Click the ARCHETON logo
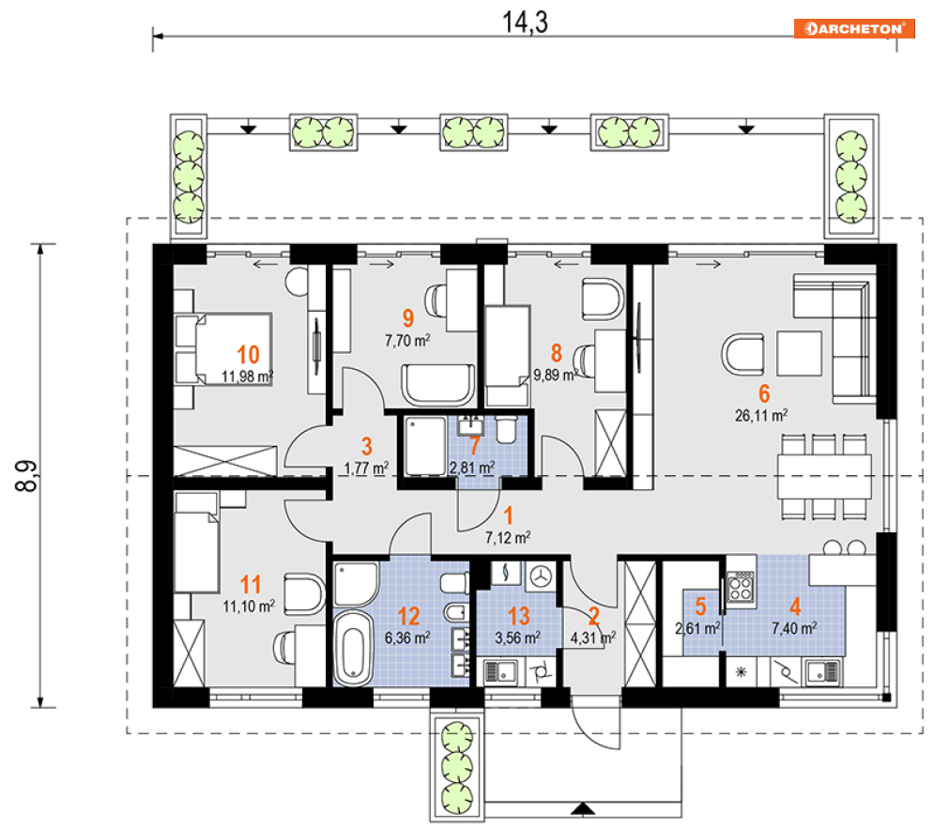click(853, 28)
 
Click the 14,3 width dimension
click(525, 22)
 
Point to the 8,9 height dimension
click(25, 475)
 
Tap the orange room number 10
click(248, 355)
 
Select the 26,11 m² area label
click(761, 415)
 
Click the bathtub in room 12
click(352, 648)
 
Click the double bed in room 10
click(224, 348)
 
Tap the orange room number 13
click(518, 616)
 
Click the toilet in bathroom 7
click(506, 429)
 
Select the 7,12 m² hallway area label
click(508, 537)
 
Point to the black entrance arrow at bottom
click(583, 808)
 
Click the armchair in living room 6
click(743, 355)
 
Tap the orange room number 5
click(700, 606)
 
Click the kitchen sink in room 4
click(822, 672)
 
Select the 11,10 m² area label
click(249, 606)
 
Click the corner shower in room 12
click(356, 583)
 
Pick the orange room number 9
click(408, 317)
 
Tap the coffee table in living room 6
click(799, 354)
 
